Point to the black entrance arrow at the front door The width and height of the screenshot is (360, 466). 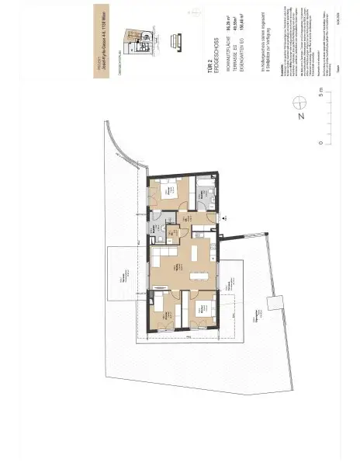coord(223,219)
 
